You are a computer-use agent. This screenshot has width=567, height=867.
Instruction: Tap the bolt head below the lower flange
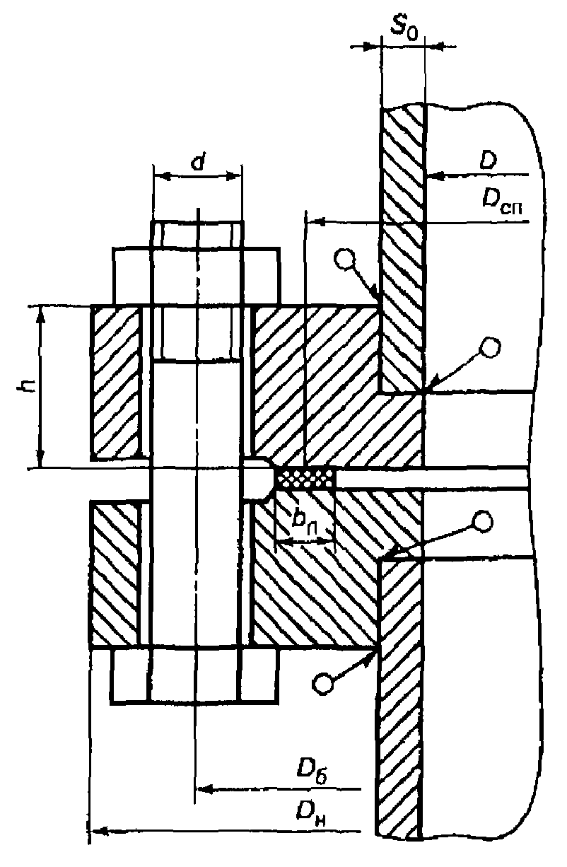(195, 675)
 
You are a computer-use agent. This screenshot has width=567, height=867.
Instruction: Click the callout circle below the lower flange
(323, 684)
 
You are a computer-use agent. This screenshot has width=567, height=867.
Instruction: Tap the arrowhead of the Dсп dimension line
(312, 222)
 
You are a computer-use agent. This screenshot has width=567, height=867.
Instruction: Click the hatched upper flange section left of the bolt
(116, 382)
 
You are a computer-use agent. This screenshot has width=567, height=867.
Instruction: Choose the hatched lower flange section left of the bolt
(116, 573)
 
